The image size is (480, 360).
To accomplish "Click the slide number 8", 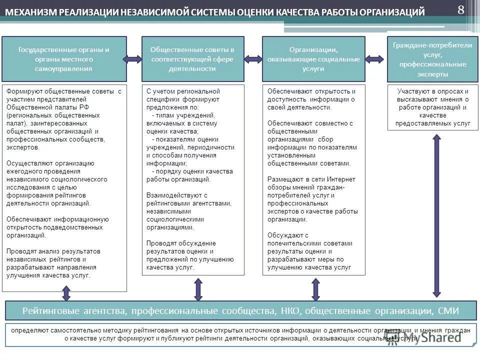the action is coord(460,9).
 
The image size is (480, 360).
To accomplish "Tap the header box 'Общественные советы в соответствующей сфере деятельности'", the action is coord(192,59).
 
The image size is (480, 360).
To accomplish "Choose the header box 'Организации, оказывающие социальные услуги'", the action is coord(313,59).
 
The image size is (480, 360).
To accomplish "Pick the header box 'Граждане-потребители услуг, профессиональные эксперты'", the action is coord(432,59).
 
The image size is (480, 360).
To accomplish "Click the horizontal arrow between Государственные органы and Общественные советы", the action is coord(134,59).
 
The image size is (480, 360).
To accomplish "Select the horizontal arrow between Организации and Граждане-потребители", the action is coord(376,59).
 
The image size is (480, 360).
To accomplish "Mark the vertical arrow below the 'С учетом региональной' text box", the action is coord(198,289).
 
